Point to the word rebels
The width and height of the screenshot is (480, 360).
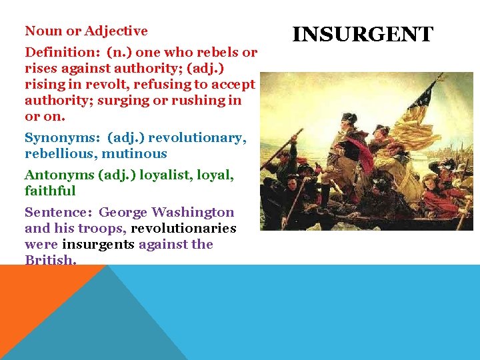[220, 53]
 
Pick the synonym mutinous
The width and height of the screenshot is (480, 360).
[134, 154]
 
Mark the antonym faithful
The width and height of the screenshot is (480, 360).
[50, 191]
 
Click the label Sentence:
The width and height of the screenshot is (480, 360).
[58, 213]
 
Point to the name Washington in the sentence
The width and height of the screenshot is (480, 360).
[193, 213]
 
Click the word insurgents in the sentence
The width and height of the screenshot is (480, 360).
[98, 245]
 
